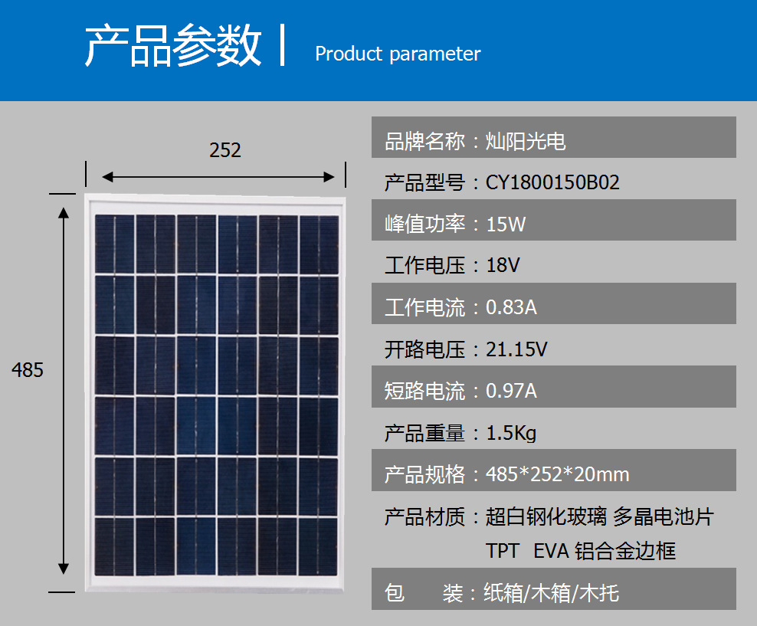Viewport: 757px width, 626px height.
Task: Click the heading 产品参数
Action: click(173, 45)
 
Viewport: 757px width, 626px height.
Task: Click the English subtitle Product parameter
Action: click(398, 54)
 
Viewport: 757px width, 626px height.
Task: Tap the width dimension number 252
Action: click(225, 150)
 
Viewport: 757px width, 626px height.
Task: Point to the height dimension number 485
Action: click(28, 370)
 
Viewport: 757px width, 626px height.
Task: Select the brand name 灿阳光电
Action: click(526, 142)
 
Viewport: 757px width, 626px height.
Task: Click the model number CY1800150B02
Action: click(552, 182)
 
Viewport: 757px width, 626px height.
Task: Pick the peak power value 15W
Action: click(506, 225)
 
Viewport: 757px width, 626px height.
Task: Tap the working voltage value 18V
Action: click(503, 265)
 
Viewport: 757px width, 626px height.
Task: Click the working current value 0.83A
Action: click(511, 307)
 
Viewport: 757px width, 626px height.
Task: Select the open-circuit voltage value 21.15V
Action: click(516, 349)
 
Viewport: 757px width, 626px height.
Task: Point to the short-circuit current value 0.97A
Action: click(511, 391)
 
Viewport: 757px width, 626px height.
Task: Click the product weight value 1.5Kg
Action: click(511, 434)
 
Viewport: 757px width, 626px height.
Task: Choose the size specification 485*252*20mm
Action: click(558, 474)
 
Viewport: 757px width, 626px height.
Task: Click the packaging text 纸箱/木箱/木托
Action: click(552, 593)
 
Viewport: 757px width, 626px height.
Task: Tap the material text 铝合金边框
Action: click(625, 551)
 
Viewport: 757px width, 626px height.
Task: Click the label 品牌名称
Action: click(424, 142)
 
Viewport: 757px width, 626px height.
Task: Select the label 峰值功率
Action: click(424, 225)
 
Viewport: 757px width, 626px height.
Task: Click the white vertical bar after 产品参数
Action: click(283, 45)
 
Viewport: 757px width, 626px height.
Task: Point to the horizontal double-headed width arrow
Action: click(218, 177)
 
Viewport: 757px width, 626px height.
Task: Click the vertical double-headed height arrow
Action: click(64, 391)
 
